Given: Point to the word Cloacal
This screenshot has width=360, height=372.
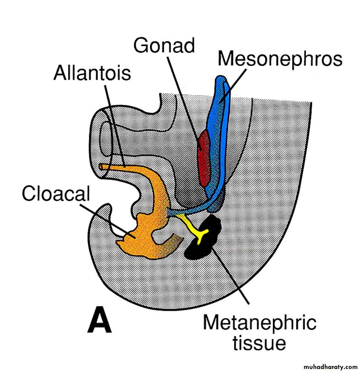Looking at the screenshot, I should coord(56,195).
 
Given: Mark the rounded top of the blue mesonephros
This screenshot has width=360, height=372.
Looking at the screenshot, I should coord(221,81).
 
